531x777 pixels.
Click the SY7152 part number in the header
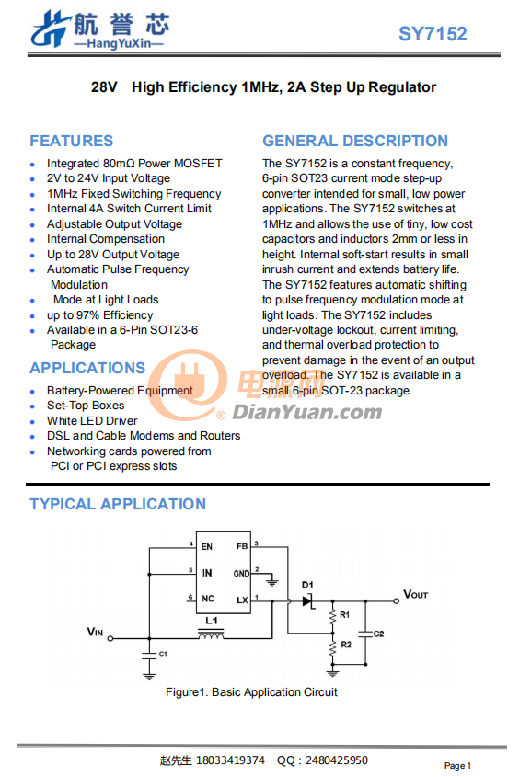pyautogui.click(x=433, y=34)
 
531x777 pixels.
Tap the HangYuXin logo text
pyautogui.click(x=119, y=43)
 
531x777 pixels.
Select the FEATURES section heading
pyautogui.click(x=72, y=141)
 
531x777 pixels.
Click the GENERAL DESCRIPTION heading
pyautogui.click(x=355, y=141)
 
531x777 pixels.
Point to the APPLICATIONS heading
pyautogui.click(x=87, y=368)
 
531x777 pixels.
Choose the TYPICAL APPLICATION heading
pyautogui.click(x=118, y=504)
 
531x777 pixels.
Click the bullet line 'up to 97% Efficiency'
pyautogui.click(x=99, y=315)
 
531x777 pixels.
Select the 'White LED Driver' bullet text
pyautogui.click(x=92, y=421)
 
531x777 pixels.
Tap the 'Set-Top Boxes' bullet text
pyautogui.click(x=86, y=406)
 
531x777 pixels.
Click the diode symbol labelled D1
pyautogui.click(x=308, y=601)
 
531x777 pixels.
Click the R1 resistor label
pyautogui.click(x=344, y=615)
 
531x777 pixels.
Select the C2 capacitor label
pyautogui.click(x=379, y=634)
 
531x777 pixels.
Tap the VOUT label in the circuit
pyautogui.click(x=415, y=594)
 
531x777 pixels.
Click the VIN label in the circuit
pyautogui.click(x=95, y=632)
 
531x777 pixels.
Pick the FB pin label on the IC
pyautogui.click(x=242, y=546)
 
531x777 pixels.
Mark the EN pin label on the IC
pyautogui.click(x=207, y=546)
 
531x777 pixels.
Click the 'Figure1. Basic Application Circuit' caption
pyautogui.click(x=251, y=692)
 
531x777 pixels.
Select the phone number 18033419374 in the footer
pyautogui.click(x=231, y=760)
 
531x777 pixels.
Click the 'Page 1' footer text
pyautogui.click(x=457, y=766)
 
